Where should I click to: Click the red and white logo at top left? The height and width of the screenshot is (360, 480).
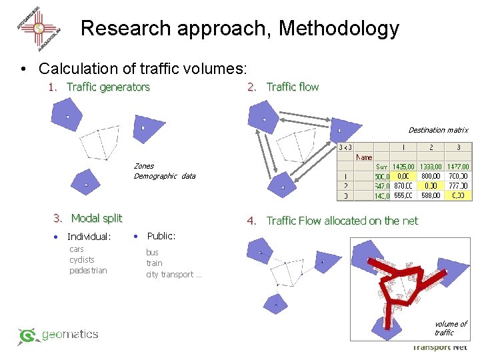(39, 28)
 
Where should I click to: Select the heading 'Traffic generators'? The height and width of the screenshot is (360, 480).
(108, 87)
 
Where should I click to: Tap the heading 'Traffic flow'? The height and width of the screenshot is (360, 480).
(293, 87)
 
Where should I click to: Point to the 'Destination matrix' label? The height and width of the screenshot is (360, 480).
(438, 130)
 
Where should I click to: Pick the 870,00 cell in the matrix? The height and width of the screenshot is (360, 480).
(403, 186)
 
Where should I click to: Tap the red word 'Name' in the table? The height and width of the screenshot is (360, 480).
(364, 157)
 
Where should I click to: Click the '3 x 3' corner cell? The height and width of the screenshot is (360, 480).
(346, 147)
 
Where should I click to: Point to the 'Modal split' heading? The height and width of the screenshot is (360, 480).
(97, 218)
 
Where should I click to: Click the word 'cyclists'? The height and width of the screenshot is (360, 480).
(82, 259)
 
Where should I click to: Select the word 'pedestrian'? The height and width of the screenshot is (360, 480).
(88, 270)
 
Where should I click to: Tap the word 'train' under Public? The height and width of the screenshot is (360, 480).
(154, 263)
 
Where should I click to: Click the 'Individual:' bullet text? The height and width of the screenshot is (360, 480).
(89, 237)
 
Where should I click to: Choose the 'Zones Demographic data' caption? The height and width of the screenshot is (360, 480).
(164, 171)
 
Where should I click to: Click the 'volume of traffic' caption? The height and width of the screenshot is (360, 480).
(450, 328)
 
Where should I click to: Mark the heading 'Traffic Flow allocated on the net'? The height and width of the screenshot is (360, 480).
(342, 221)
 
